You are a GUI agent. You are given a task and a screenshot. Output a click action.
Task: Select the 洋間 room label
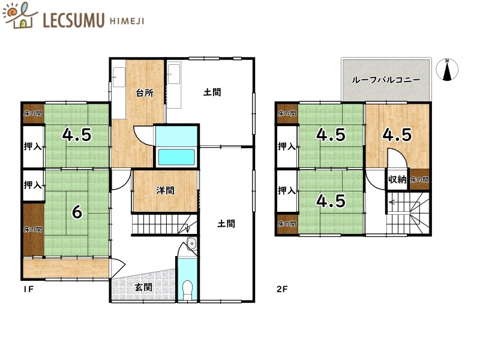[x=166, y=191]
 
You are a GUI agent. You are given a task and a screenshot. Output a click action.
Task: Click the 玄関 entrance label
[x=143, y=287]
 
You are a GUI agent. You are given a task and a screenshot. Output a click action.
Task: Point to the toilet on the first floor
[x=188, y=289]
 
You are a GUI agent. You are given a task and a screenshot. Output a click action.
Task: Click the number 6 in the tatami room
[x=77, y=211]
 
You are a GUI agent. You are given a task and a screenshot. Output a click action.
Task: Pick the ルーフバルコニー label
[x=386, y=80]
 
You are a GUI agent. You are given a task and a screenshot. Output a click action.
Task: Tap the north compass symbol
[x=448, y=70]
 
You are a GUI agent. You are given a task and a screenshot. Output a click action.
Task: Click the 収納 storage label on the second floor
[x=397, y=179]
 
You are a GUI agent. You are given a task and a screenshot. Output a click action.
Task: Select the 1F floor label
[x=28, y=289]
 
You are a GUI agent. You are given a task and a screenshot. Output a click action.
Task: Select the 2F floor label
[x=281, y=289]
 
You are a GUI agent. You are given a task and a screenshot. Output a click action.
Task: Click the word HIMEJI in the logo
[x=127, y=21]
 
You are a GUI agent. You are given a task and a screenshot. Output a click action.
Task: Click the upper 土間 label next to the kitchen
[x=212, y=92]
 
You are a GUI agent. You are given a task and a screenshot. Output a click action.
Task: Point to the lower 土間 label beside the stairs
[x=226, y=224]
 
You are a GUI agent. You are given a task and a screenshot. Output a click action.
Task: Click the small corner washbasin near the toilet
[x=191, y=244]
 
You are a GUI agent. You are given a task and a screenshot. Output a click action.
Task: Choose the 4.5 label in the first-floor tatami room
[x=77, y=135]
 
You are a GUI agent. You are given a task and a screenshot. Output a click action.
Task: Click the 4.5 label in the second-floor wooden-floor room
[x=397, y=135]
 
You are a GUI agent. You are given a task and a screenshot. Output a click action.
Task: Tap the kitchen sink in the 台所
[x=119, y=77]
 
